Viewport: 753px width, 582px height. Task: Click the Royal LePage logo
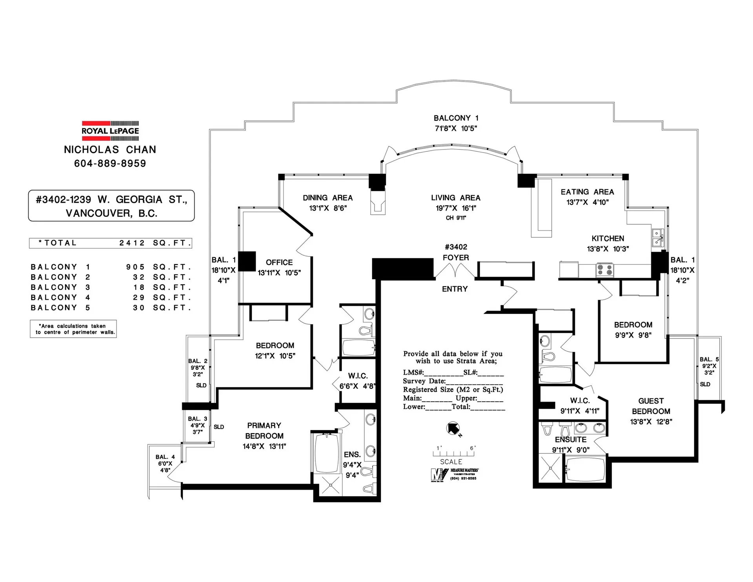tap(110, 131)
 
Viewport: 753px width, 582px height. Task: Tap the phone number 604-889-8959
tap(110, 164)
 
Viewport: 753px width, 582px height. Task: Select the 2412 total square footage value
tap(132, 243)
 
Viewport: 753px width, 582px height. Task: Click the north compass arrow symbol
tap(453, 428)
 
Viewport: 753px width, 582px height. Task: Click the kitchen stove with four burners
tap(604, 270)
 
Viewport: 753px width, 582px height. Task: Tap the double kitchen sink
tap(657, 237)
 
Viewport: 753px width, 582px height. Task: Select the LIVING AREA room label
tap(456, 198)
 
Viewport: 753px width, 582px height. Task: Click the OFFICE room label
tap(279, 262)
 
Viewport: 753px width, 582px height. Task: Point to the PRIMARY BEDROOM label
tap(264, 431)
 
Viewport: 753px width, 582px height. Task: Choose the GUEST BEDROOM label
tap(651, 406)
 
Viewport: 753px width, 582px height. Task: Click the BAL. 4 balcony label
tap(165, 457)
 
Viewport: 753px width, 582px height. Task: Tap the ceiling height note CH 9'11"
tap(456, 218)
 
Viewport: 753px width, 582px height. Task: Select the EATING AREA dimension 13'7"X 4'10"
tap(587, 202)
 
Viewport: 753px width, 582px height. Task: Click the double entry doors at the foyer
tap(456, 271)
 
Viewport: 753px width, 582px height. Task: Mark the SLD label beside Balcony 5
tap(705, 384)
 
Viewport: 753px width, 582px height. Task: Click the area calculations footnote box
tap(73, 329)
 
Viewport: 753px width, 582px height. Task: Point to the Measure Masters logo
tap(454, 475)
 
